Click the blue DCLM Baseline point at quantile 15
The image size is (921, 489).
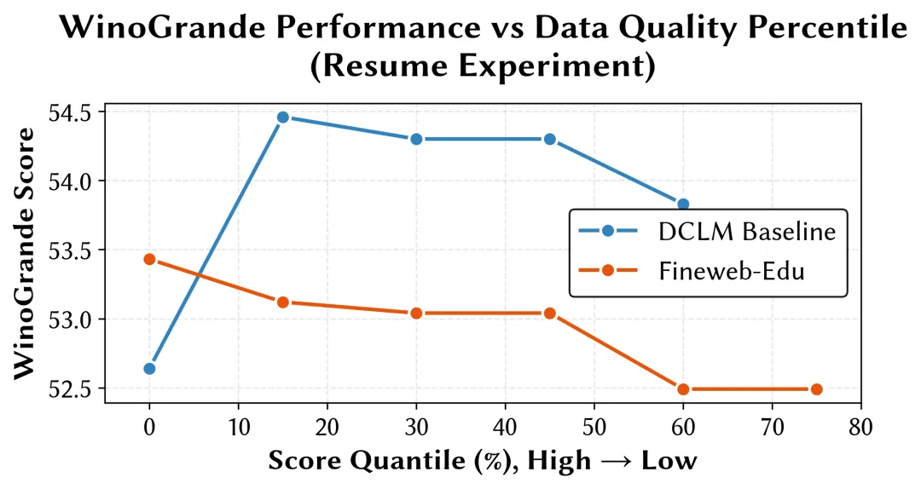point(283,118)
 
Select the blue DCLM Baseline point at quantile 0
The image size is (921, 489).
point(150,369)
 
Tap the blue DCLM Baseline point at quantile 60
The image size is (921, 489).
point(683,204)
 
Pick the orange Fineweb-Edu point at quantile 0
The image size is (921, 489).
point(150,259)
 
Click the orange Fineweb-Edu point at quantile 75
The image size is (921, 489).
point(816,389)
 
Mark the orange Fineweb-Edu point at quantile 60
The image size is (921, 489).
point(683,389)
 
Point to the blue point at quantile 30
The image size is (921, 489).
point(416,139)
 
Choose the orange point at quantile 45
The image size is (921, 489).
point(550,314)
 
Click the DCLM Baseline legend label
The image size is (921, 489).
point(746,232)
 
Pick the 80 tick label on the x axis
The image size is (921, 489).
point(860,426)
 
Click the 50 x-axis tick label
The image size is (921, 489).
point(594,426)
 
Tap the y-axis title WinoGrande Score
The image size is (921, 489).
point(26,253)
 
